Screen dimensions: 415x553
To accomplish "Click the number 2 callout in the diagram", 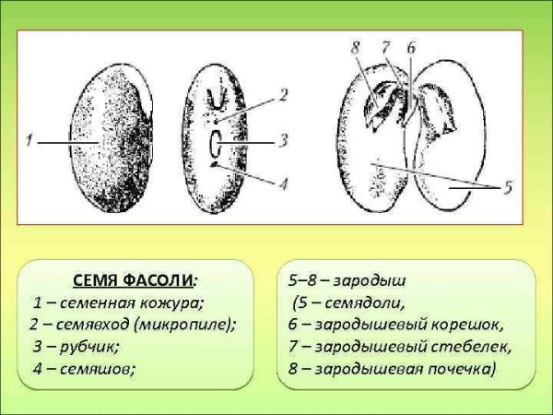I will [x=285, y=93].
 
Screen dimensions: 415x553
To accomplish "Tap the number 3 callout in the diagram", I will [x=285, y=141].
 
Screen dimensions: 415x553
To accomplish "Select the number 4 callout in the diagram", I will [x=283, y=183].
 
